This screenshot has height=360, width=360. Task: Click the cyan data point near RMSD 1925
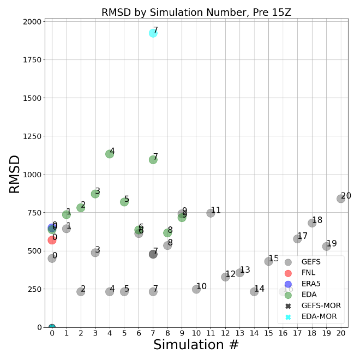click(x=153, y=33)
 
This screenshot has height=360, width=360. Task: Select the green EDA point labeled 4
click(x=110, y=154)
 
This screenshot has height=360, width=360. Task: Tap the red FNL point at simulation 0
click(x=52, y=240)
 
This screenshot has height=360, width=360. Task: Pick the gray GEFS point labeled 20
click(x=341, y=199)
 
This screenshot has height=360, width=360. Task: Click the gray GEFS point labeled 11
click(x=211, y=213)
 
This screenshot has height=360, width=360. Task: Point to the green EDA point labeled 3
click(x=95, y=194)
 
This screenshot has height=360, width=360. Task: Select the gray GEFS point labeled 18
click(x=312, y=223)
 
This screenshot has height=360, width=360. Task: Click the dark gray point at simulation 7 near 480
click(x=153, y=254)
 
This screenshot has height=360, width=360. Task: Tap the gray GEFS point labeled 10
click(x=196, y=289)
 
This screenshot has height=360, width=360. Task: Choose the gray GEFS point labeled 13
click(x=239, y=273)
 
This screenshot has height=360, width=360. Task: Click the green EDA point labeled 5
click(x=124, y=202)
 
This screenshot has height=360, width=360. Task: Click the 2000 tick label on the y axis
click(x=32, y=22)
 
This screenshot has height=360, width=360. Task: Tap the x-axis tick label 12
click(x=225, y=333)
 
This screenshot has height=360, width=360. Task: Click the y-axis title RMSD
click(x=15, y=174)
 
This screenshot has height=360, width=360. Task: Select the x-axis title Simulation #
click(x=196, y=345)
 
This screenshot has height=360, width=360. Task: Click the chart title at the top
click(x=196, y=13)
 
